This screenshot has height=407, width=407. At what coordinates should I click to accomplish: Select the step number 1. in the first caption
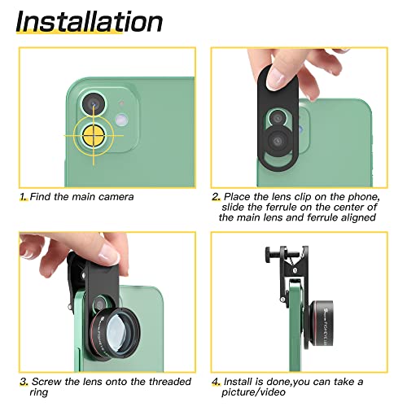click(x=24, y=196)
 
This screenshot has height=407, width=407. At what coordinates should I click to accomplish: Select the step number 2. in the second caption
click(x=216, y=197)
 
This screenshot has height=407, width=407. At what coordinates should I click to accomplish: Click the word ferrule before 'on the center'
click(x=277, y=207)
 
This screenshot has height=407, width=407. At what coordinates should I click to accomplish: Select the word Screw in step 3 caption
click(x=47, y=381)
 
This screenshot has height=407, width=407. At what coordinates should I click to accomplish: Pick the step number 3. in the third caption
click(x=24, y=381)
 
